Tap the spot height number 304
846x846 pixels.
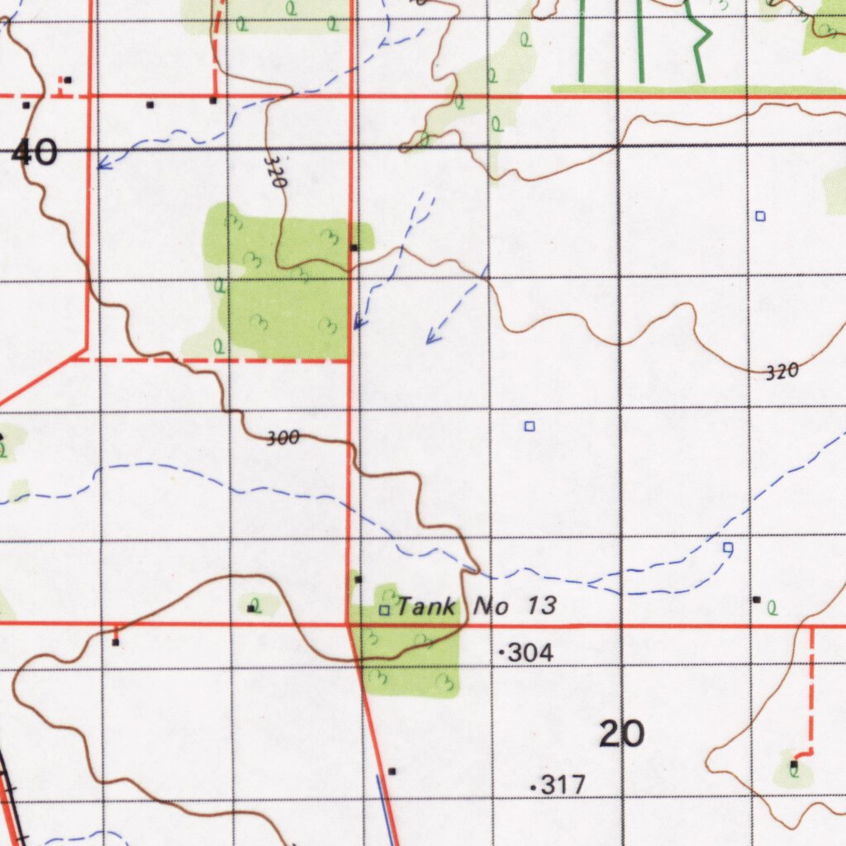(530, 654)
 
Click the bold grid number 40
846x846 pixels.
(35, 153)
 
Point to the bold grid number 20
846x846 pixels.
(621, 734)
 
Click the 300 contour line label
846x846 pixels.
(283, 439)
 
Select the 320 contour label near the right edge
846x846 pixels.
(782, 373)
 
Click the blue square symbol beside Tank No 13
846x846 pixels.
(384, 611)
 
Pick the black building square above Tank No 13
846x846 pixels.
(358, 579)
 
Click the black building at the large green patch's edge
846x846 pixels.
(354, 247)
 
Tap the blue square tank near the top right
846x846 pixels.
(760, 216)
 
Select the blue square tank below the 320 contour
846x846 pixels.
(530, 426)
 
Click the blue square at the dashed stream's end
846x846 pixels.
(728, 547)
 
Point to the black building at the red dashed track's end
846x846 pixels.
(794, 764)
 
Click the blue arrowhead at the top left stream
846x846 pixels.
(100, 165)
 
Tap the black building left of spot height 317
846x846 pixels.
(392, 772)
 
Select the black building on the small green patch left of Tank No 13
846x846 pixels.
(251, 609)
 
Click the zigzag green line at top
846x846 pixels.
(698, 41)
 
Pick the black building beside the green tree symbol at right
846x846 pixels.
(756, 599)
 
